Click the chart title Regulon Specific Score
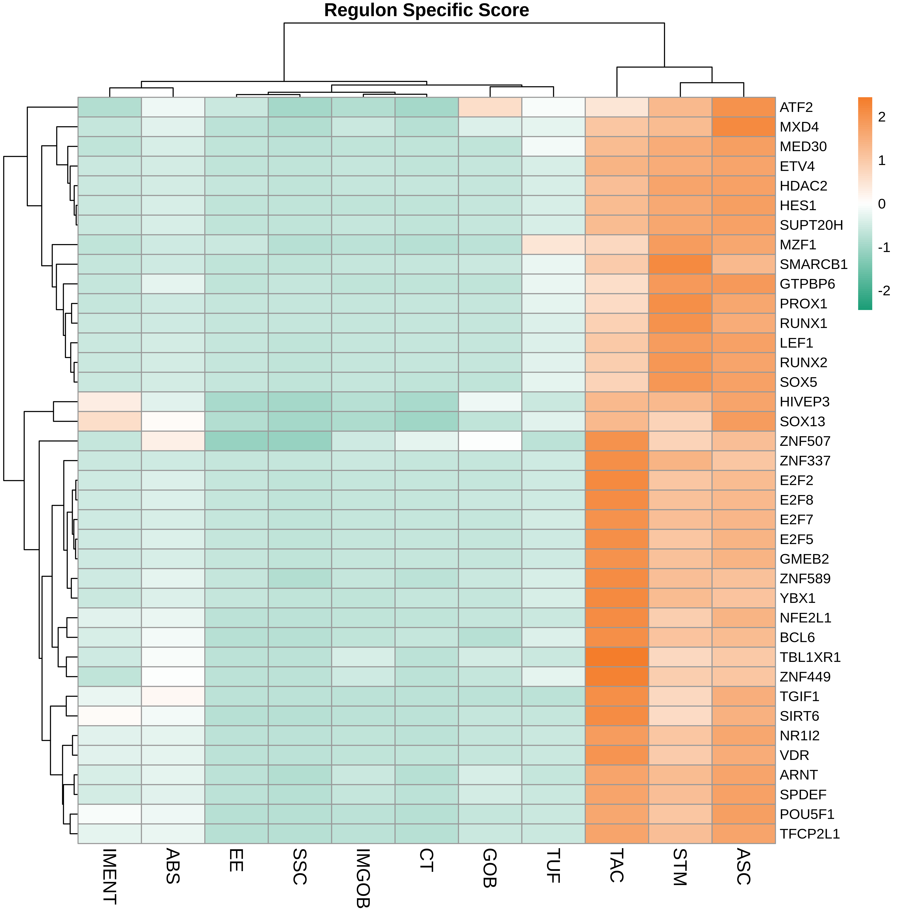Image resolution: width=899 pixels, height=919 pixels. tap(426, 10)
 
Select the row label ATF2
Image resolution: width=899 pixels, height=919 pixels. tap(796, 108)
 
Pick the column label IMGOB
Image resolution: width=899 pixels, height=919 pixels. tap(363, 878)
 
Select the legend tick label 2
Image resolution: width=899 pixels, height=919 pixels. tap(881, 117)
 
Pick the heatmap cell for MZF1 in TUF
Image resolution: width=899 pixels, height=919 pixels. tap(553, 244)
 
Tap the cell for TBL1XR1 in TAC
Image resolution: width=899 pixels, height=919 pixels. tap(617, 657)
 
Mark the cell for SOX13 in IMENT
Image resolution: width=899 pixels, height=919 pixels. tap(110, 421)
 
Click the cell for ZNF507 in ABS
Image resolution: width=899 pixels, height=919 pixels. tap(173, 441)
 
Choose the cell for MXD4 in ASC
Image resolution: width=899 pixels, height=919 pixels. tap(744, 127)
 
